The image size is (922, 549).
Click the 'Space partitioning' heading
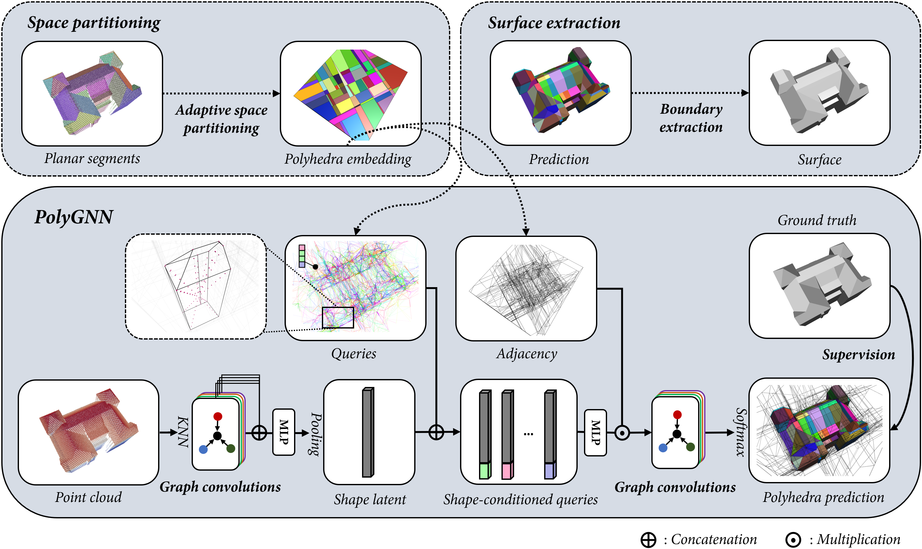[x=94, y=23]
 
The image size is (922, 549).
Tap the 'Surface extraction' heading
[x=554, y=23]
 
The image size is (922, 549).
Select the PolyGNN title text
[x=74, y=217]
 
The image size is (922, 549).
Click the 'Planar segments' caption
[x=92, y=158]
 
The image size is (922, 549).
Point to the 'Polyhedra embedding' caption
[x=348, y=159]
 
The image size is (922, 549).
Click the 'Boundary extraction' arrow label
[x=691, y=118]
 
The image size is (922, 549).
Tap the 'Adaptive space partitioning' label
[x=221, y=119]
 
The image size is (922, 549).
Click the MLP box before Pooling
[x=283, y=432]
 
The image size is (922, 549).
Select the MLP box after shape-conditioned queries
[x=595, y=432]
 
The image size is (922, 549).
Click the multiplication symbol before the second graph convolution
[x=622, y=432]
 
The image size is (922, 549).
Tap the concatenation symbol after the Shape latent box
[x=436, y=432]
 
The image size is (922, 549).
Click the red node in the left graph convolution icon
[x=218, y=417]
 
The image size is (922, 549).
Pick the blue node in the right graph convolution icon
[x=663, y=448]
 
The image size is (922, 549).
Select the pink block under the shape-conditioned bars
[x=506, y=471]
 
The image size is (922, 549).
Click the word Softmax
[x=740, y=432]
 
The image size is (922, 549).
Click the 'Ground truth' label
[x=816, y=220]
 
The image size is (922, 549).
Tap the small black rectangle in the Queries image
[x=337, y=317]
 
